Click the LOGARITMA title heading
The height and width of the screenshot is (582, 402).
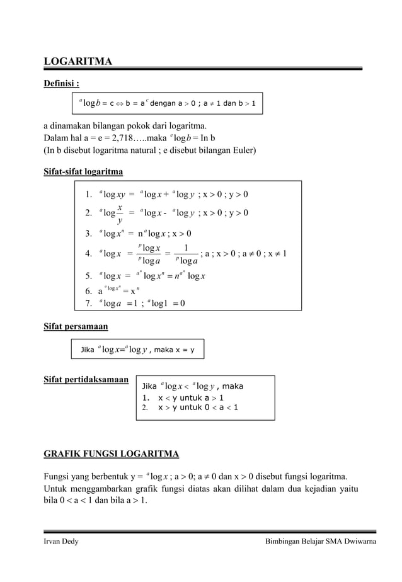[x=78, y=61]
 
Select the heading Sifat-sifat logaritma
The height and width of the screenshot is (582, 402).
[x=83, y=171]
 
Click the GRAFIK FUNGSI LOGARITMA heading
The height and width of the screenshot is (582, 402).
[x=111, y=454]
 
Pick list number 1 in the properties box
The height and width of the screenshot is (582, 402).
[x=89, y=194]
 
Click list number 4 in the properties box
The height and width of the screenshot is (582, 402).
[x=89, y=254]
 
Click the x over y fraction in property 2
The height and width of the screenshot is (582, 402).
[x=120, y=213]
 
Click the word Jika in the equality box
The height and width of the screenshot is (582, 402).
[x=87, y=350]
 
